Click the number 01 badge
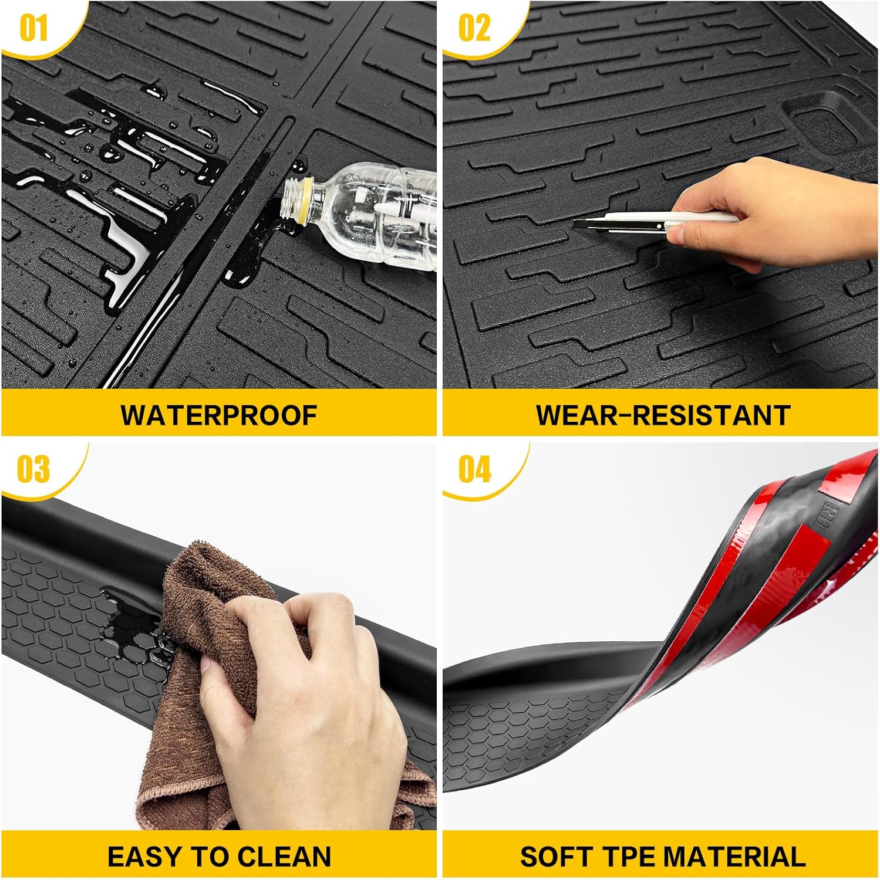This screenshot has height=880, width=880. [x=33, y=28]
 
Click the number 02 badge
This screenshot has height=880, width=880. [x=474, y=28]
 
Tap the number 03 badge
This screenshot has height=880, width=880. [x=33, y=470]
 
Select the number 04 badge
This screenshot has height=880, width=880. [x=474, y=470]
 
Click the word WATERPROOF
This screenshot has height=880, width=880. [x=219, y=415]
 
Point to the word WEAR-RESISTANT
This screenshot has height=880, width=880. [x=662, y=415]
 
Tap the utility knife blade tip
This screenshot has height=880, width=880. [x=576, y=224]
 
